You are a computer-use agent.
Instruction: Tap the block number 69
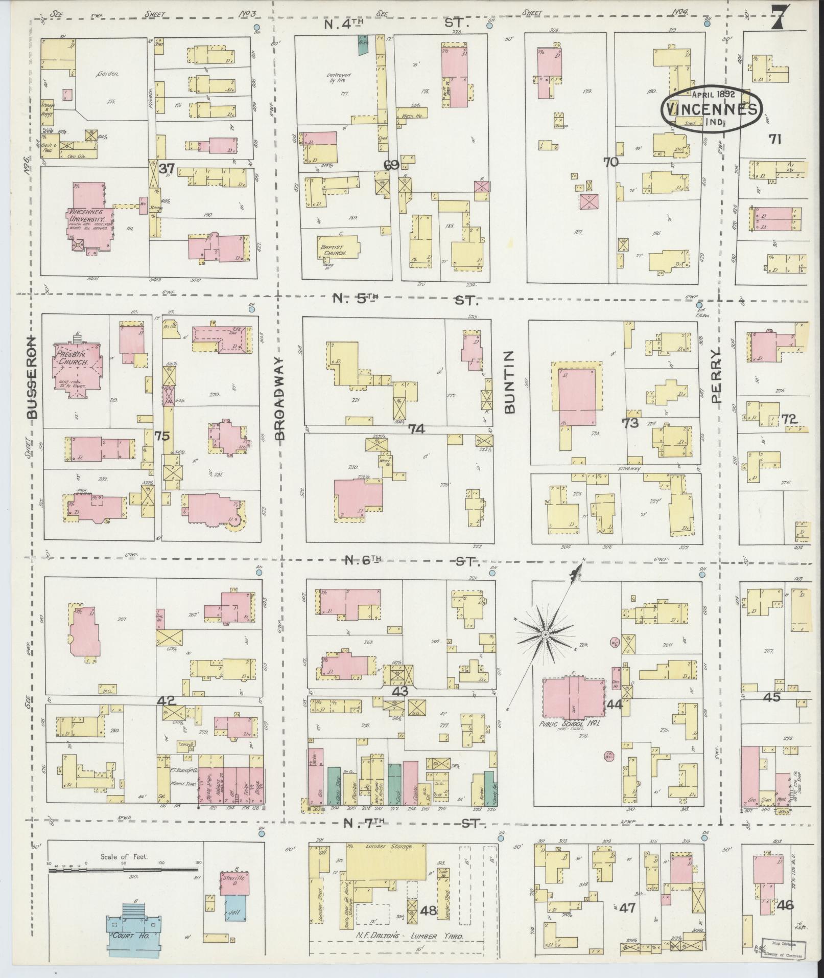point(391,165)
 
